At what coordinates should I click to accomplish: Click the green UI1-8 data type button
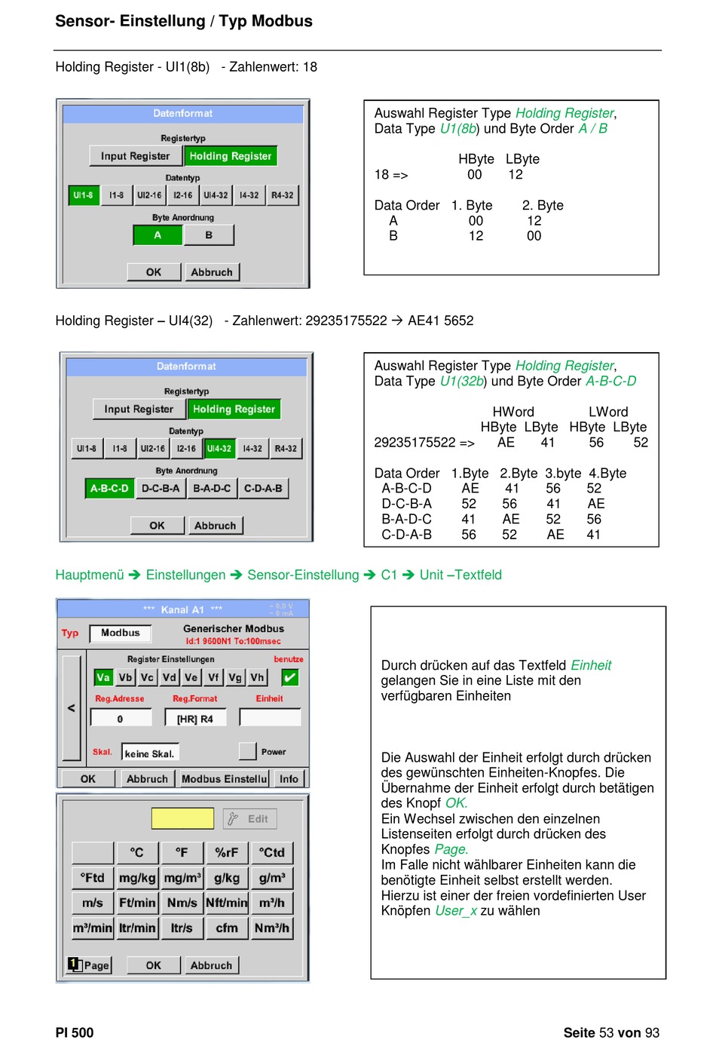[x=84, y=195]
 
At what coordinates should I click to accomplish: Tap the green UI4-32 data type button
[x=219, y=448]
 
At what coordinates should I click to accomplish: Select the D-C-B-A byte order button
[x=161, y=489]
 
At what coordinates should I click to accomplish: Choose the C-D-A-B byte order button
[x=263, y=489]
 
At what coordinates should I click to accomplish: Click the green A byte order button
[x=158, y=235]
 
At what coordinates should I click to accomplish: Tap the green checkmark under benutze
[x=290, y=677]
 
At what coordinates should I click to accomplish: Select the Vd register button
[x=169, y=677]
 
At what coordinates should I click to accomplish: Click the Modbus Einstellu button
[x=225, y=779]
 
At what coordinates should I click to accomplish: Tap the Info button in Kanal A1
[x=289, y=779]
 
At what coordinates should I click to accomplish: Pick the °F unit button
[x=182, y=853]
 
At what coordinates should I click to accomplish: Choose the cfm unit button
[x=227, y=928]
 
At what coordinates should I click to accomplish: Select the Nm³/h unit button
[x=271, y=928]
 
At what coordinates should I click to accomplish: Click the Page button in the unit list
[x=89, y=965]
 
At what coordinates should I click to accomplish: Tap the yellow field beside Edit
[x=183, y=818]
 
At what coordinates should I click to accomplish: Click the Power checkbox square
[x=247, y=751]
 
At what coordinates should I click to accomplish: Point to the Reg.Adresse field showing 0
[x=121, y=718]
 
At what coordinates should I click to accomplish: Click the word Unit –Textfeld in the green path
[x=461, y=575]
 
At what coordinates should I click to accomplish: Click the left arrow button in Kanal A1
[x=72, y=708]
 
